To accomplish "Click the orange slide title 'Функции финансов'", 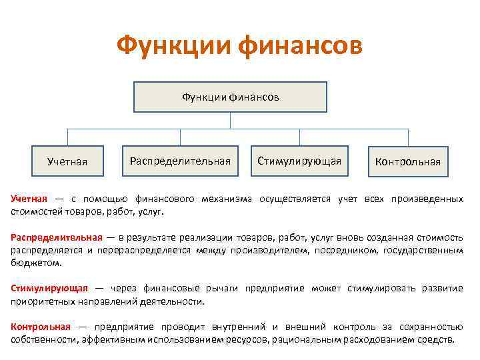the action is pyautogui.click(x=239, y=46).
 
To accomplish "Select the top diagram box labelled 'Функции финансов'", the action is pyautogui.click(x=231, y=97).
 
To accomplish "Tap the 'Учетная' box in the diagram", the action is pyautogui.click(x=67, y=161).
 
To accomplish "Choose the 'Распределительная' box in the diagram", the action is pyautogui.click(x=180, y=161).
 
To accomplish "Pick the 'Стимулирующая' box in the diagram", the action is pyautogui.click(x=299, y=161).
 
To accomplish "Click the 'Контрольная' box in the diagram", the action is pyautogui.click(x=408, y=161).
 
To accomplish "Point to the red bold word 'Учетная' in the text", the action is pyautogui.click(x=29, y=199).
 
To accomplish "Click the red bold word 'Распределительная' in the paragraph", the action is pyautogui.click(x=57, y=237).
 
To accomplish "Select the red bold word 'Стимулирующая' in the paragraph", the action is pyautogui.click(x=49, y=288).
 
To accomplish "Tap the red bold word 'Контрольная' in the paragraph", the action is pyautogui.click(x=41, y=326).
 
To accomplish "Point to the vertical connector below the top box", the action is pyautogui.click(x=231, y=120).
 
